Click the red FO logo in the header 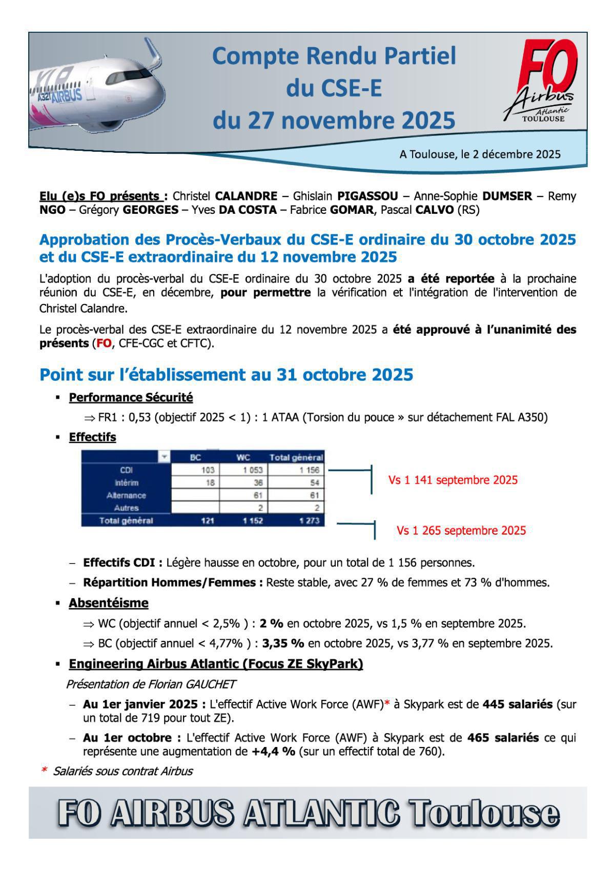tap(547, 67)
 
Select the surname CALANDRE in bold tap(246, 196)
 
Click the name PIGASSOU tap(367, 196)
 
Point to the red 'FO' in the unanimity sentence tap(104, 343)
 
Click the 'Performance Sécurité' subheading tap(131, 397)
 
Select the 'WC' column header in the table tap(243, 457)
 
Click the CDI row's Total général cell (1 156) tap(309, 470)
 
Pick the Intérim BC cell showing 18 tap(210, 483)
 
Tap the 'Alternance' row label tap(126, 496)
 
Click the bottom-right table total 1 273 tap(309, 521)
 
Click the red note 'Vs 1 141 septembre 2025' tap(453, 480)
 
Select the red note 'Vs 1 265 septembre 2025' tap(461, 531)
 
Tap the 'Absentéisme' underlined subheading tap(109, 603)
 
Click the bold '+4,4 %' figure tap(273, 752)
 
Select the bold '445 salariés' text tap(517, 704)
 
